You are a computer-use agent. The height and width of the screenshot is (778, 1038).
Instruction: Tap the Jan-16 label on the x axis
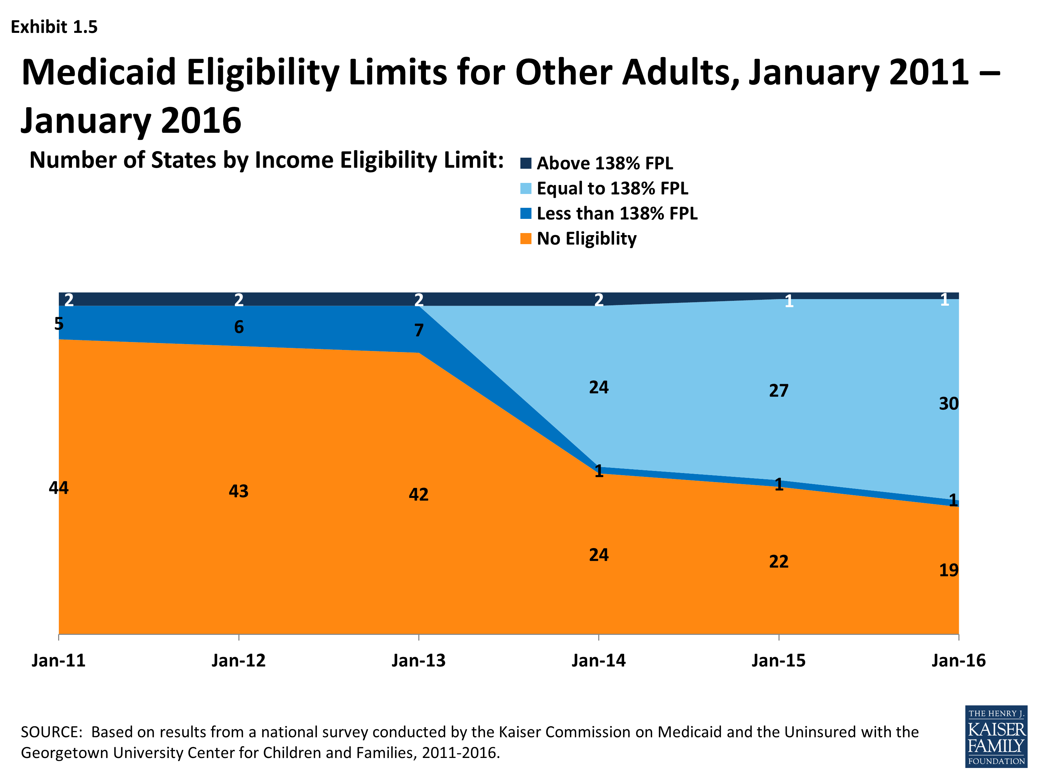pos(958,660)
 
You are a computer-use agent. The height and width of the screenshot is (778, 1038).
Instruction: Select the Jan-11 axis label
pos(59,660)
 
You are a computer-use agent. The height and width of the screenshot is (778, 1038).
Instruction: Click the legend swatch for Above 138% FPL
pos(526,163)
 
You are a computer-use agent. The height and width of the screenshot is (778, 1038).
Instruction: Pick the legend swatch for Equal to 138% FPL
pos(526,188)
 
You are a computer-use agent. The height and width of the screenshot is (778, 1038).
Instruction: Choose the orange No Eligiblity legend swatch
pos(526,239)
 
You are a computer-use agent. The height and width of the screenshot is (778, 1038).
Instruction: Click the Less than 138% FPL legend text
pos(617,213)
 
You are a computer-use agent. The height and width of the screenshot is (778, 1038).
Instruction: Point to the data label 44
pos(59,488)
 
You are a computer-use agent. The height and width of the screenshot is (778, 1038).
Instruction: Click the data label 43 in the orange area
pos(238,491)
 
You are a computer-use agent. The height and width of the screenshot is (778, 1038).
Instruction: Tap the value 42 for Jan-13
pos(419,494)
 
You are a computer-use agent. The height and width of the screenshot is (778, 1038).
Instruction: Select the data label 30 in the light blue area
pos(948,403)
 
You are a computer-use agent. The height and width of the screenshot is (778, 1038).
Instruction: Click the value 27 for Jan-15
pos(778,390)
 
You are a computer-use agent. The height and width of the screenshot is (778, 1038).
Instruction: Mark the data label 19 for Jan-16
pos(948,570)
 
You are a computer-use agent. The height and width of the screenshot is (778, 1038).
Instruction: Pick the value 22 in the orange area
pos(778,561)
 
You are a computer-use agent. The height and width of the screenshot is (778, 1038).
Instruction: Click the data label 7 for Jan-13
pos(419,330)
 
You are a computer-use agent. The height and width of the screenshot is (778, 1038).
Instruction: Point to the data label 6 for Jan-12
pos(239,327)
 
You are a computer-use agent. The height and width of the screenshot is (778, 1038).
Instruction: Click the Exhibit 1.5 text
pos(54,27)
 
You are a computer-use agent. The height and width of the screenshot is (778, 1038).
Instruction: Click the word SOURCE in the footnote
pos(51,732)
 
